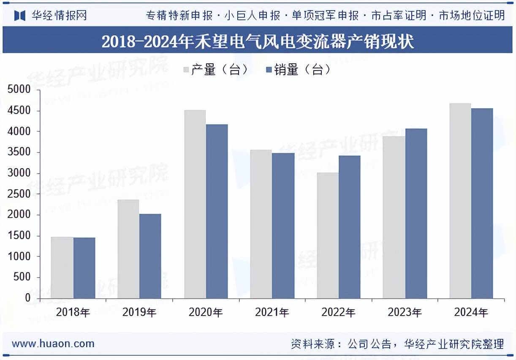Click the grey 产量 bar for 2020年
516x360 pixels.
195,205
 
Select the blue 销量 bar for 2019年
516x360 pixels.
150,256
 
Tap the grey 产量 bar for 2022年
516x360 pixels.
328,235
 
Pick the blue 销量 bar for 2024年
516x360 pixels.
482,203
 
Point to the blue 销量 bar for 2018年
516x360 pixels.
84,268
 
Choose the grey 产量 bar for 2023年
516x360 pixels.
394,217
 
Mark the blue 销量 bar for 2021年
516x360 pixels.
283,226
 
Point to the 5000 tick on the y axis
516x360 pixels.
19,90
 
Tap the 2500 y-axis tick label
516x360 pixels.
19,194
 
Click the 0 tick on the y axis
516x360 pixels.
27,298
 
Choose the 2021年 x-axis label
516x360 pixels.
272,313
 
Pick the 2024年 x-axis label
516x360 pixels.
471,313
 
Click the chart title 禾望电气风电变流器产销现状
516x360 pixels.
258,42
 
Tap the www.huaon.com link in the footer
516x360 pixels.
53,344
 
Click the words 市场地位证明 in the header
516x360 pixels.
472,16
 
